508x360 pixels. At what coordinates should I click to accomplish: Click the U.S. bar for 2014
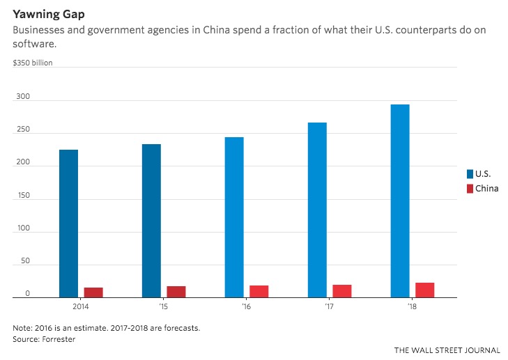68,224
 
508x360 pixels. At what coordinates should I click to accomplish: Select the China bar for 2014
93,292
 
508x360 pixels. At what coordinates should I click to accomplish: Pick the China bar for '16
259,291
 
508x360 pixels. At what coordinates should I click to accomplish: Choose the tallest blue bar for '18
400,201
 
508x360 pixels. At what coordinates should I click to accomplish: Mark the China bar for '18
425,290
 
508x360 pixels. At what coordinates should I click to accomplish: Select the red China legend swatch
470,189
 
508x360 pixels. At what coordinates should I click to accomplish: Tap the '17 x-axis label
330,306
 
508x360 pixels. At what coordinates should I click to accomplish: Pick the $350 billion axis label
33,63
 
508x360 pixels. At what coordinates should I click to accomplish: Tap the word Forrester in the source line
57,338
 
